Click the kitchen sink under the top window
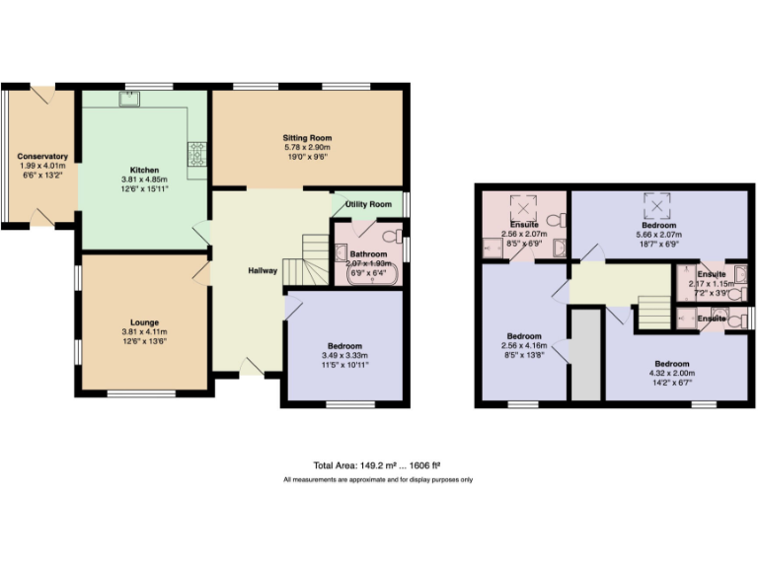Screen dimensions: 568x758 pyautogui.click(x=130, y=98)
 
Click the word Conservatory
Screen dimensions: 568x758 pyautogui.click(x=41, y=156)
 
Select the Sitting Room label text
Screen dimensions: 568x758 pyautogui.click(x=308, y=138)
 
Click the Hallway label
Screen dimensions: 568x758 pyautogui.click(x=263, y=270)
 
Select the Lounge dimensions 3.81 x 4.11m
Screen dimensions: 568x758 pyautogui.click(x=144, y=331)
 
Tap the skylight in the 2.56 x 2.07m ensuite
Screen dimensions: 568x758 pyautogui.click(x=520, y=208)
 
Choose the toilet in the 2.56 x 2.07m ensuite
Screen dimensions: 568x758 pyautogui.click(x=559, y=218)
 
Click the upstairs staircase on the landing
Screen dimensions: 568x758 pyautogui.click(x=652, y=313)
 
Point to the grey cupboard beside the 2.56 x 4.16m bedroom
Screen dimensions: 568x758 pyautogui.click(x=586, y=355)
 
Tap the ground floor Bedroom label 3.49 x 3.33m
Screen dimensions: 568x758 pyautogui.click(x=344, y=355)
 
